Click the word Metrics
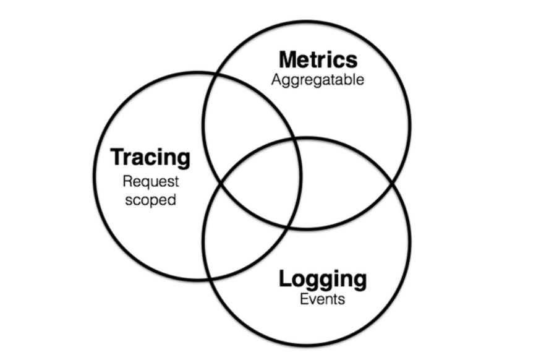[x=318, y=60]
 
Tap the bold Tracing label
[x=150, y=157]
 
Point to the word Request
[x=150, y=182]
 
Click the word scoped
[x=150, y=200]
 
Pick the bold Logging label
[x=322, y=279]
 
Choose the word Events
[x=322, y=301]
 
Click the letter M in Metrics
[x=287, y=60]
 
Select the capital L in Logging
[x=285, y=279]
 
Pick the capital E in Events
[x=304, y=301]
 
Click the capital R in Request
[x=127, y=182]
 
